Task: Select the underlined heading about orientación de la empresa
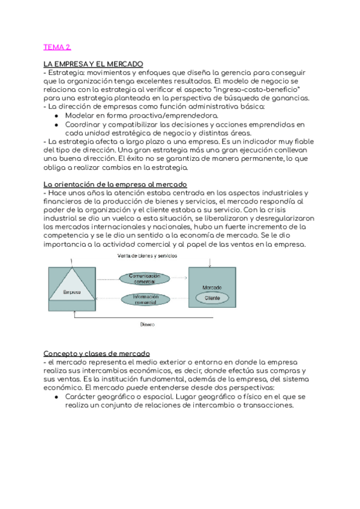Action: point(115,183)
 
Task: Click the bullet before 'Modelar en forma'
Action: point(56,115)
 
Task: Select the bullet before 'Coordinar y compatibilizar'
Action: point(56,124)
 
